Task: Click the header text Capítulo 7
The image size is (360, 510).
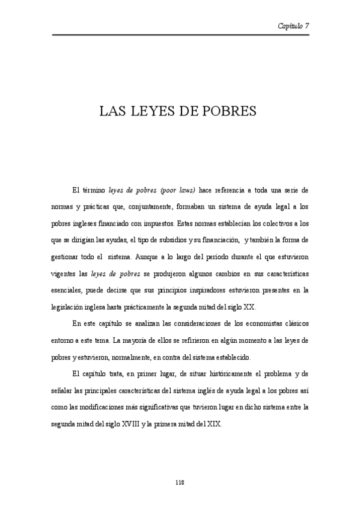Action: pos(293,26)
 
